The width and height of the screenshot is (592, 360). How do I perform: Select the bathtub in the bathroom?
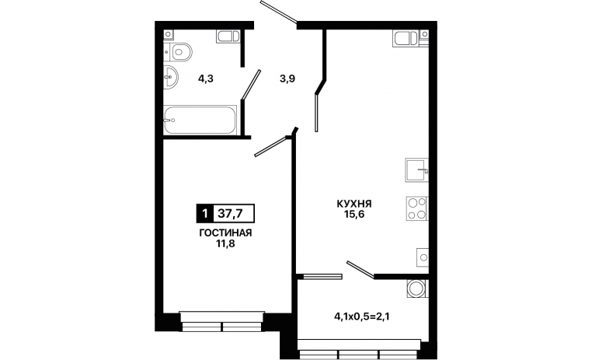pyautogui.click(x=200, y=120)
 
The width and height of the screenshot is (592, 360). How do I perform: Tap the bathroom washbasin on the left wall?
pyautogui.click(x=170, y=78)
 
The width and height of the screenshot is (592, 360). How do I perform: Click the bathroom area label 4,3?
pyautogui.click(x=206, y=79)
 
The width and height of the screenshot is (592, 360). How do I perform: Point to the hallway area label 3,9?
pyautogui.click(x=287, y=79)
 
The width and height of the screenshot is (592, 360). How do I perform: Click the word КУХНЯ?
pyautogui.click(x=354, y=204)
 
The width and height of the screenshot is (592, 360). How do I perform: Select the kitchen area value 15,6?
pyautogui.click(x=354, y=215)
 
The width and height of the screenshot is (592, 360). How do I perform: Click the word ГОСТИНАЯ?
pyautogui.click(x=225, y=233)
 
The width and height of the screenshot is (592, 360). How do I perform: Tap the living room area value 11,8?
pyautogui.click(x=225, y=243)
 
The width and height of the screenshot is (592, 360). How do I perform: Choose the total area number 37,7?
pyautogui.click(x=230, y=214)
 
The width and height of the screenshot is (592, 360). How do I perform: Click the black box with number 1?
pyautogui.click(x=205, y=214)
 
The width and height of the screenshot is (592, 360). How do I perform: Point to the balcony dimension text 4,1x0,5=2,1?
pyautogui.click(x=362, y=316)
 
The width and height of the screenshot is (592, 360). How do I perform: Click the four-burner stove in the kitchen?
pyautogui.click(x=417, y=208)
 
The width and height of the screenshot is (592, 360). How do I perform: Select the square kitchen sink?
pyautogui.click(x=417, y=170)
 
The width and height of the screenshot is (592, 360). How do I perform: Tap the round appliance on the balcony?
pyautogui.click(x=417, y=288)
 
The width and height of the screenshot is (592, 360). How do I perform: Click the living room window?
pyautogui.click(x=222, y=321)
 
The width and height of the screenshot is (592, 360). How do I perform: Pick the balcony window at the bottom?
pyautogui.click(x=360, y=349)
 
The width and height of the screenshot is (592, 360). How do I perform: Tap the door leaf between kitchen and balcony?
pyautogui.click(x=360, y=270)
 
